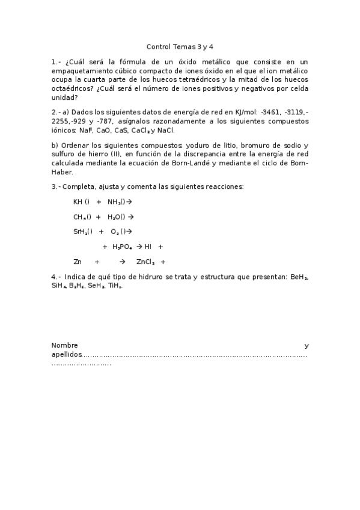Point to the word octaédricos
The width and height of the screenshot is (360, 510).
71,88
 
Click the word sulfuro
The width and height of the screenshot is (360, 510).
65,154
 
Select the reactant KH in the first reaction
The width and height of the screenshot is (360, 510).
78,201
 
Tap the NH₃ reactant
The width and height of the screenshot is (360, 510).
115,201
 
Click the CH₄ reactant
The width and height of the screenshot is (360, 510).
80,217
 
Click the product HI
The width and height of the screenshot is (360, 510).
148,246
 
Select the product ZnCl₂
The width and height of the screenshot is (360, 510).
145,262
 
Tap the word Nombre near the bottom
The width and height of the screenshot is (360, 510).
65,346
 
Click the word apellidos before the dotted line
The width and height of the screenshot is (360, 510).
66,355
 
